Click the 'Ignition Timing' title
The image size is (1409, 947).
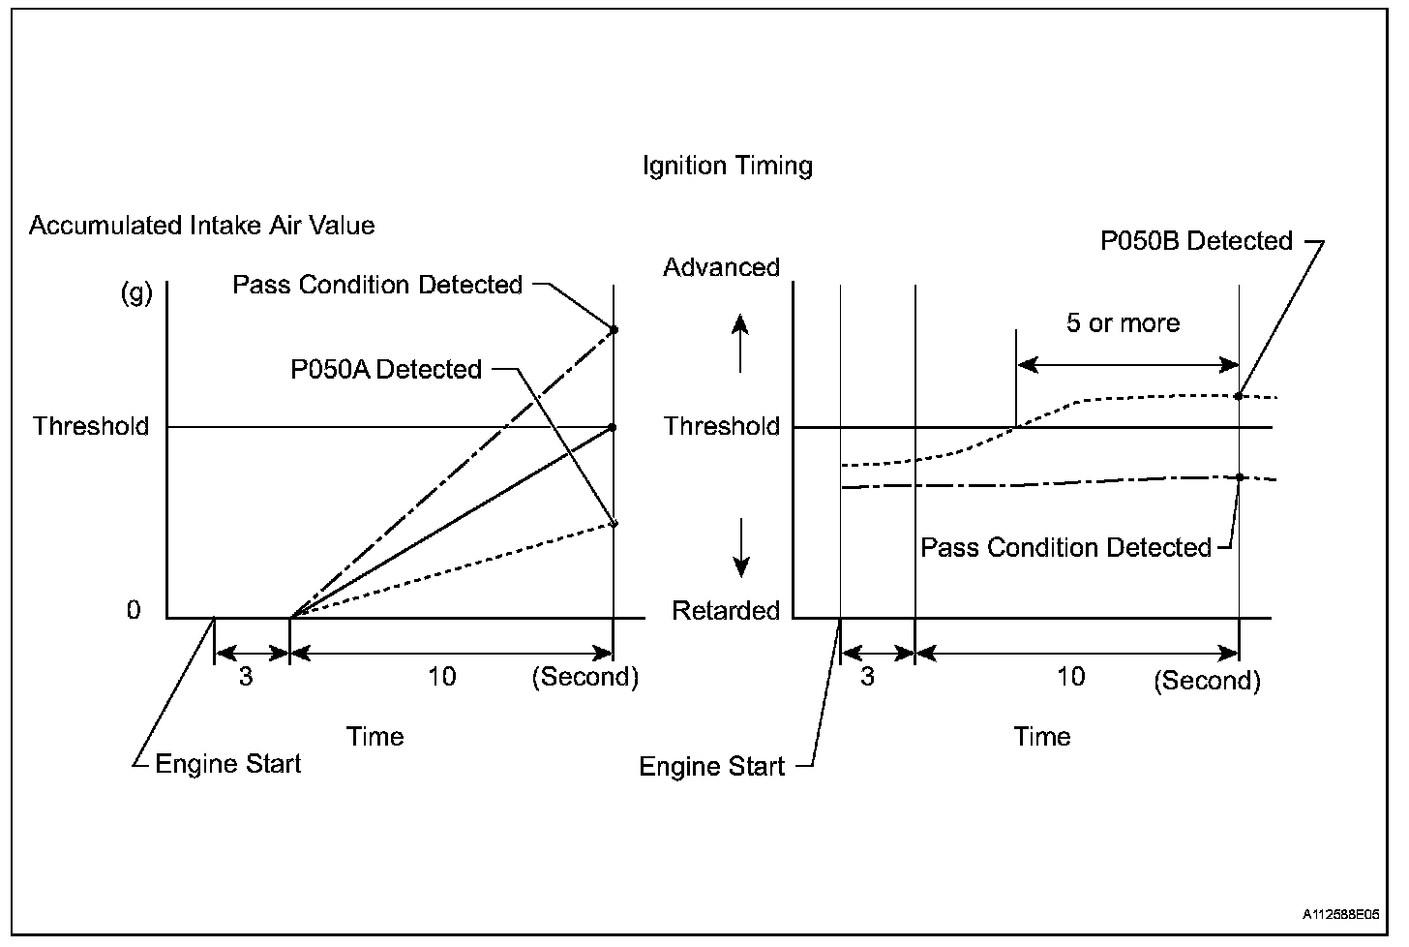(727, 166)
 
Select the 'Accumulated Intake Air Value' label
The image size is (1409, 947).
(201, 226)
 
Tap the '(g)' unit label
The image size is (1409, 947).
(135, 292)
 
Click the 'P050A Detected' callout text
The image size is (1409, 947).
(386, 369)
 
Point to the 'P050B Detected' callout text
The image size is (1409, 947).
(1196, 240)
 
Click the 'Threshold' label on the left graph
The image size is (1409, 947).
(91, 426)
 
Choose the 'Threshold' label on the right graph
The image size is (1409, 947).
(722, 426)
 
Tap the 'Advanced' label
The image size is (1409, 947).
(721, 267)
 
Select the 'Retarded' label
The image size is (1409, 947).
(726, 610)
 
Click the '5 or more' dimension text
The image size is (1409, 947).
(1123, 322)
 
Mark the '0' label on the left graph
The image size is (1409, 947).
(134, 610)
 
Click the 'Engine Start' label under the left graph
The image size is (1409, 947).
(228, 764)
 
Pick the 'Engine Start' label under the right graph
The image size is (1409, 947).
(711, 767)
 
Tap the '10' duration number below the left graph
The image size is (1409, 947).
(441, 676)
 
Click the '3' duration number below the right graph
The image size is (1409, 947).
(867, 676)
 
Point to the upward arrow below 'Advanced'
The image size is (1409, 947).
(740, 343)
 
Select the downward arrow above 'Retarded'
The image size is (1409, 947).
(740, 547)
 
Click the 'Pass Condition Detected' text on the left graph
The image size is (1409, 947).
(377, 285)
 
